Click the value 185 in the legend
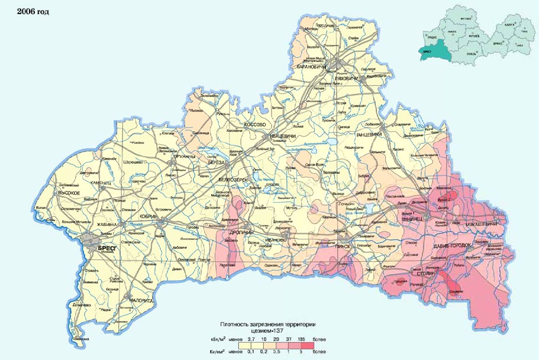click(x=302, y=340)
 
